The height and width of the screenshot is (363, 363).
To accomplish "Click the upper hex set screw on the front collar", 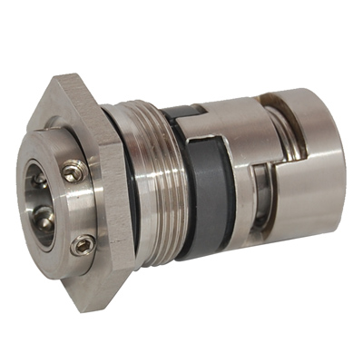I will point(74,169).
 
